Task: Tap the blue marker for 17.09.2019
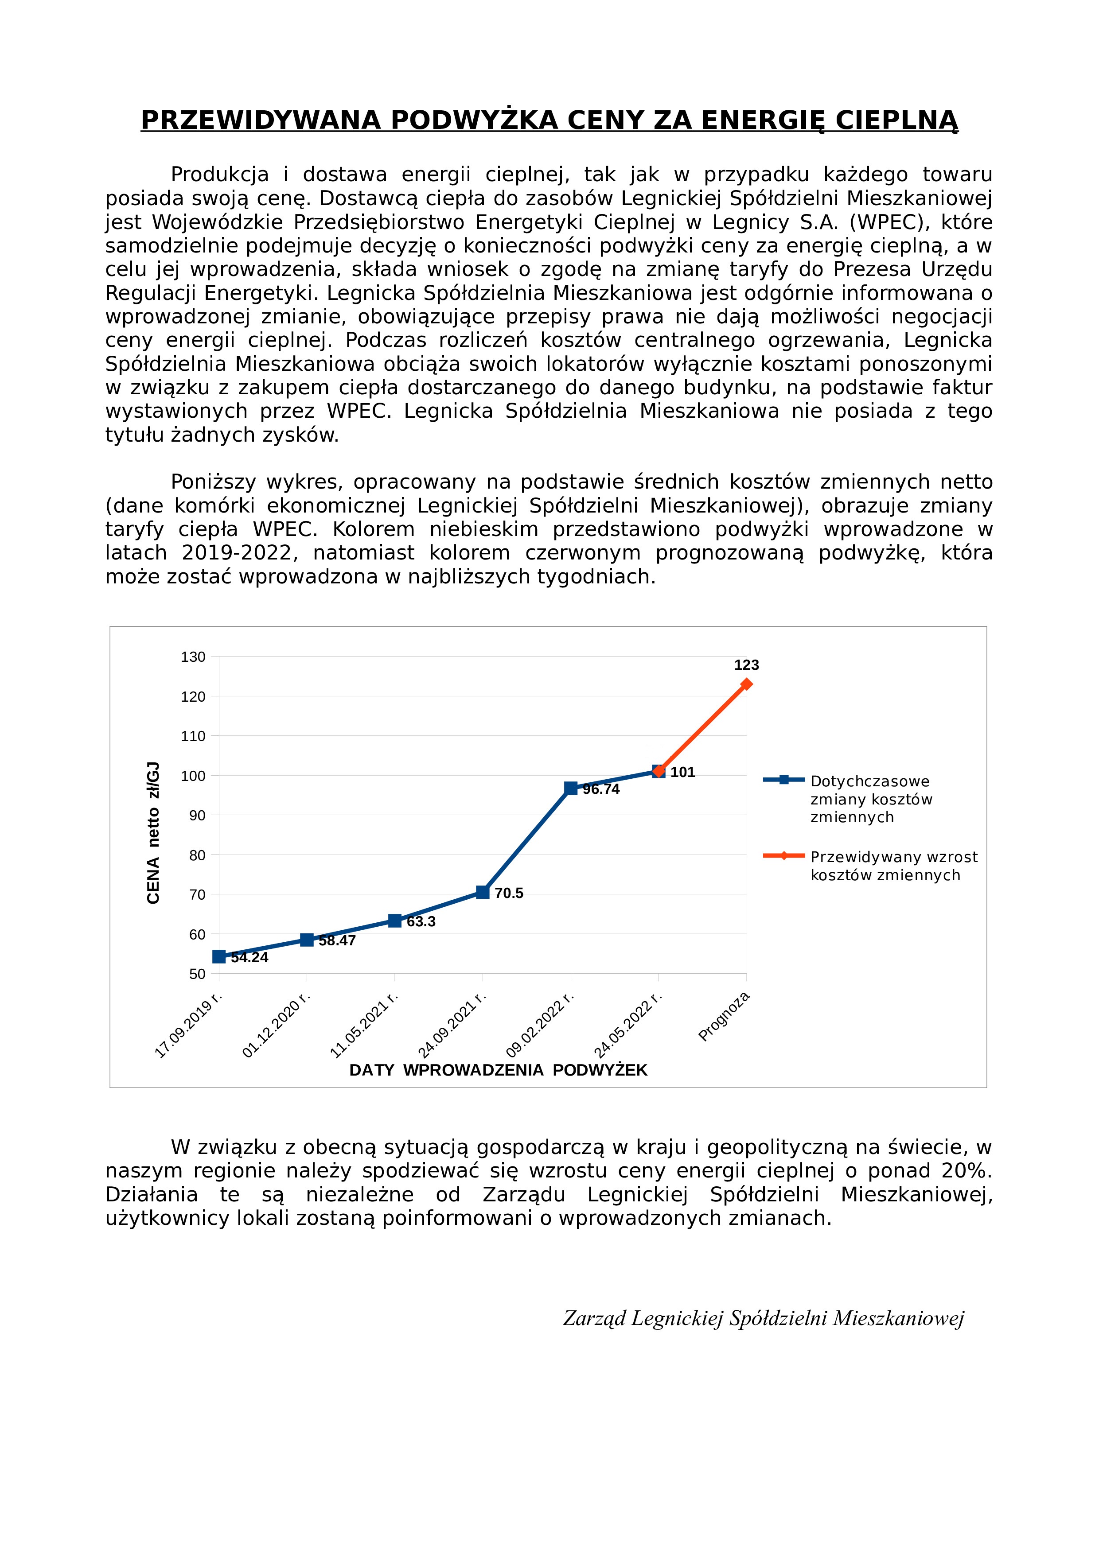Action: tap(219, 956)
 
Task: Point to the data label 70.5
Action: tap(509, 894)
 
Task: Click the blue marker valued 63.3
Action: tap(395, 921)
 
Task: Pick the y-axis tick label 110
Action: tap(193, 736)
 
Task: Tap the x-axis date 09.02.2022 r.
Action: tap(540, 1025)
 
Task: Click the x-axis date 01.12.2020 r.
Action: tap(276, 1025)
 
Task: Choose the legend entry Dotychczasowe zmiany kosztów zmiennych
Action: tap(871, 799)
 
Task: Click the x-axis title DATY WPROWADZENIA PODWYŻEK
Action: tap(499, 1070)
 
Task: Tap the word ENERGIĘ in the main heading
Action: tap(763, 120)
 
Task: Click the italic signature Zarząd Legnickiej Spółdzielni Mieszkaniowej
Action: tap(763, 1318)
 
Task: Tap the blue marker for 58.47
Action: tap(307, 940)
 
